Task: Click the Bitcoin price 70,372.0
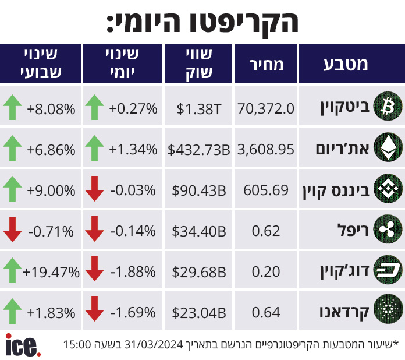tap(266, 108)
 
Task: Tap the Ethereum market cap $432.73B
tap(198, 150)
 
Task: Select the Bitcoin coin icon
tap(388, 106)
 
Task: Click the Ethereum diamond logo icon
tap(388, 147)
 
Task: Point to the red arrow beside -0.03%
tap(94, 189)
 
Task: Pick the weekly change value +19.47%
tap(51, 272)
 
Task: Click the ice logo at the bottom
tap(23, 345)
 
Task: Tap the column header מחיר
tap(267, 65)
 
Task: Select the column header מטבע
tap(345, 65)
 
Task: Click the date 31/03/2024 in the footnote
tap(154, 344)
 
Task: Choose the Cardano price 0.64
tap(266, 312)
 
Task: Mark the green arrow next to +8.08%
tap(12, 107)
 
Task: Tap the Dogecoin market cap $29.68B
tap(199, 272)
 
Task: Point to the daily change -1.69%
tap(133, 313)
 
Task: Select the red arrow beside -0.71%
tap(12, 230)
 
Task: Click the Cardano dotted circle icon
tap(388, 309)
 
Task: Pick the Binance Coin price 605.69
tap(266, 190)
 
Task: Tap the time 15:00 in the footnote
tap(77, 344)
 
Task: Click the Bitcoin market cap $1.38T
tap(198, 109)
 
